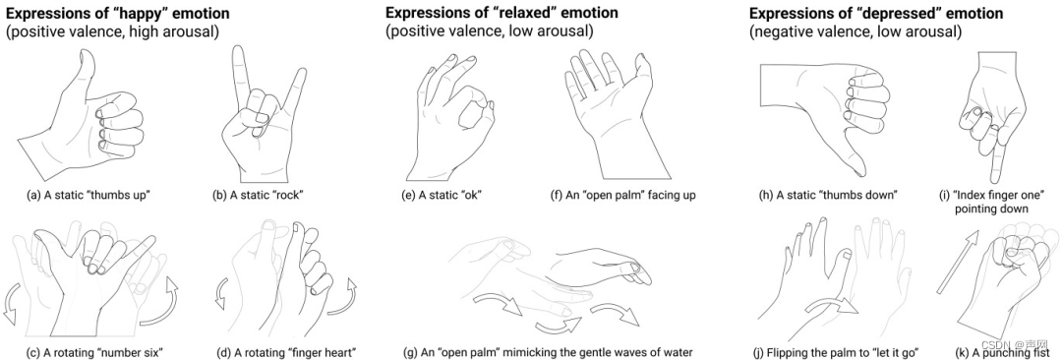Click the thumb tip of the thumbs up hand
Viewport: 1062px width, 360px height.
(x=84, y=56)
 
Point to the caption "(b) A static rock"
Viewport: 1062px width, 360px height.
(x=257, y=196)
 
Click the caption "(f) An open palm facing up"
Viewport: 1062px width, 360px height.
(x=623, y=196)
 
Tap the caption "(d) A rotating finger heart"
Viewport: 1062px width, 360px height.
(x=286, y=352)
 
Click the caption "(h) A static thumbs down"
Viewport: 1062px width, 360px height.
(x=828, y=196)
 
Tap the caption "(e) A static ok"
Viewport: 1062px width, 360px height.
(x=441, y=196)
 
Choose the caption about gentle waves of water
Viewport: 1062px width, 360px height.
(x=549, y=352)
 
